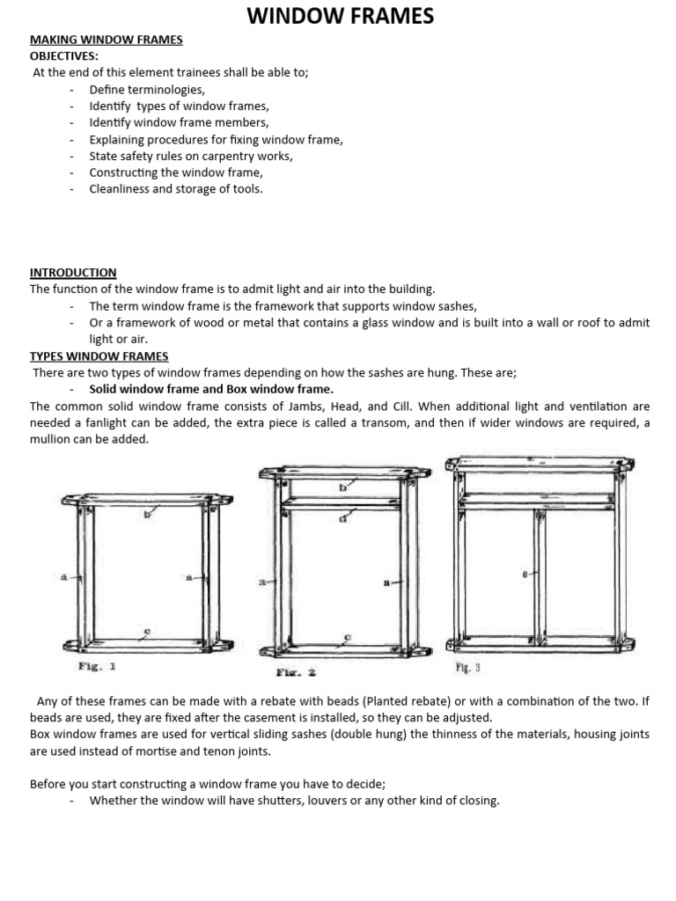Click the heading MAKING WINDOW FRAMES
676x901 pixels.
pyautogui.click(x=107, y=40)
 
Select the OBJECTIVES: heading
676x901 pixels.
pyautogui.click(x=64, y=56)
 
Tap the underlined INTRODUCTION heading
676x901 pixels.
pyautogui.click(x=73, y=273)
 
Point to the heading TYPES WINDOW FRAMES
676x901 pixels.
pyautogui.click(x=99, y=356)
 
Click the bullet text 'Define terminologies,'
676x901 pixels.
pyautogui.click(x=147, y=90)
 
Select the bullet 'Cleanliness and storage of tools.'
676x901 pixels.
pyautogui.click(x=176, y=189)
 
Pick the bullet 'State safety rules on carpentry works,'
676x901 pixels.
pyautogui.click(x=191, y=156)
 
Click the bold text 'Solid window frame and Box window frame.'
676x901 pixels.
pyautogui.click(x=211, y=390)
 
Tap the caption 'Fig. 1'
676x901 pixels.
pyautogui.click(x=97, y=666)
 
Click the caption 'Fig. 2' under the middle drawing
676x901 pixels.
pyautogui.click(x=296, y=673)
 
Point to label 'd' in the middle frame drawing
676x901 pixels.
pyautogui.click(x=342, y=518)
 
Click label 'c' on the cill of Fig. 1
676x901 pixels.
pyautogui.click(x=146, y=631)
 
